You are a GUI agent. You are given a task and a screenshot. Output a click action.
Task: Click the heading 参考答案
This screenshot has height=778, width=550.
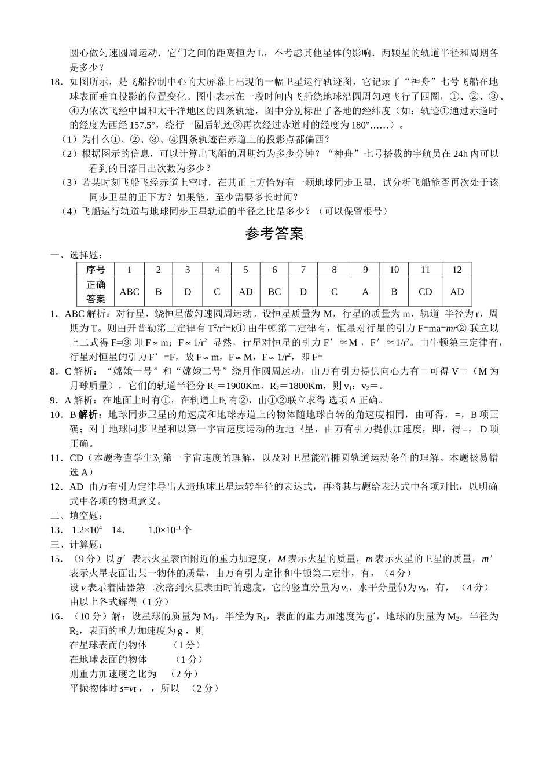click(274, 234)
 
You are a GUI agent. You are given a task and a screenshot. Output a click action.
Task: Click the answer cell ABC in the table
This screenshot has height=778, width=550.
click(130, 292)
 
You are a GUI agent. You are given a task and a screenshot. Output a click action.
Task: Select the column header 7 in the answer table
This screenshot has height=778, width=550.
click(303, 270)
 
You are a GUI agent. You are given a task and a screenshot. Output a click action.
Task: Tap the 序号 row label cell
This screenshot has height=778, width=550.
click(96, 270)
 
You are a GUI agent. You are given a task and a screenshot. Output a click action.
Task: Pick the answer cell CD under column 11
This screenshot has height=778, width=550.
click(425, 292)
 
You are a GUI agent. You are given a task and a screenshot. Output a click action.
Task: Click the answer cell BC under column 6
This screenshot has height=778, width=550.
click(274, 292)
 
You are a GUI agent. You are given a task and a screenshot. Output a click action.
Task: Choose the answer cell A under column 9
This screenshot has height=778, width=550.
click(365, 292)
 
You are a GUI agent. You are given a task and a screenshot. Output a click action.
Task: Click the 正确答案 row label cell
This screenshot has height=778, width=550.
click(96, 292)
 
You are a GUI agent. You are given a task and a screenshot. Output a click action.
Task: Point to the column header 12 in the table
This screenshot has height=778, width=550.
click(457, 270)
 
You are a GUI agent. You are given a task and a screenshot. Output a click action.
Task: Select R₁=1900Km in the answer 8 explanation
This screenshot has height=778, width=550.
click(234, 386)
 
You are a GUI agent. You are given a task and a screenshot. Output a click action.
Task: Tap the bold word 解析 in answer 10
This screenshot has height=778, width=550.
click(88, 414)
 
